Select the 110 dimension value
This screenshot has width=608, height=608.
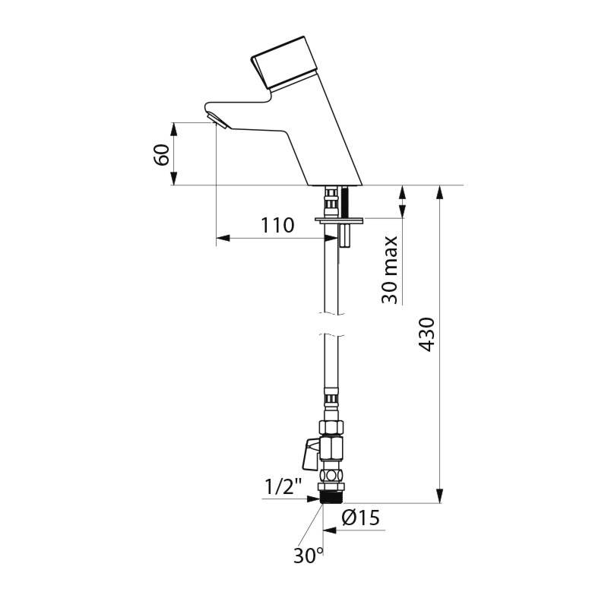click(x=277, y=226)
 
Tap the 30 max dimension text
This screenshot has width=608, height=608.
click(x=390, y=270)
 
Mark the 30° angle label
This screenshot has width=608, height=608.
click(x=309, y=556)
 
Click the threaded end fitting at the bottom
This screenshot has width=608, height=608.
click(x=331, y=497)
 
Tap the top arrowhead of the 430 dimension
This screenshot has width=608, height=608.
click(x=439, y=191)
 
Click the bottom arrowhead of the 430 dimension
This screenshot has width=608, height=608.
click(x=439, y=497)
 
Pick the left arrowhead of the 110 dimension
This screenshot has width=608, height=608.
click(x=222, y=239)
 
